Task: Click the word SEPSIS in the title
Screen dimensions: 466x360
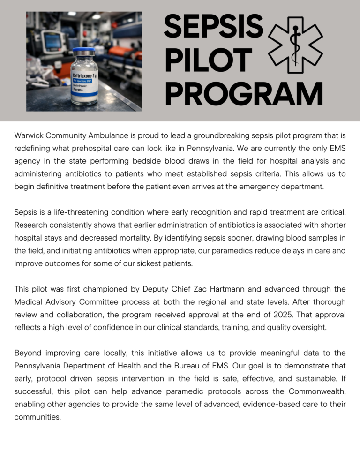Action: [x=213, y=26]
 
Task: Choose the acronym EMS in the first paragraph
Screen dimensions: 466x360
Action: [x=336, y=149]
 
